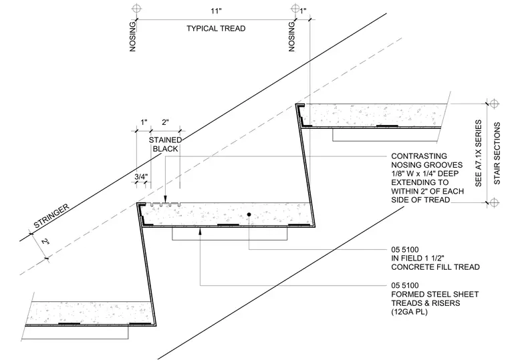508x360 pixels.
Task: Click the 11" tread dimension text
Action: point(216,11)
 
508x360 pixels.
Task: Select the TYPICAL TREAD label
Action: point(216,29)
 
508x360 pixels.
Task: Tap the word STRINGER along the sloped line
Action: point(52,216)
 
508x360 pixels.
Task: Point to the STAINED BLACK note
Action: point(165,144)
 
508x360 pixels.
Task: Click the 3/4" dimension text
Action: point(141,177)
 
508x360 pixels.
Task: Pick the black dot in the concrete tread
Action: point(249,214)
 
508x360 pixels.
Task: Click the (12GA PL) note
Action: point(409,312)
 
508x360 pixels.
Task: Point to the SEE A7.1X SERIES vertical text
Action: point(479,153)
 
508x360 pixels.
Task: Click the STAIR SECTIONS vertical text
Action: point(497,153)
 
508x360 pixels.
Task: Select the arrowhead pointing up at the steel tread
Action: point(201,231)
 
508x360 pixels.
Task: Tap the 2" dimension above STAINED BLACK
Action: point(165,122)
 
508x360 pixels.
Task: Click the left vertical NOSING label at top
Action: point(132,37)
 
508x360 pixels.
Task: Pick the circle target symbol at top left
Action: point(137,8)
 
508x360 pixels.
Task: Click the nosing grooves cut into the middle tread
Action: point(165,204)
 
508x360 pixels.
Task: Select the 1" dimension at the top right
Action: point(303,11)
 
